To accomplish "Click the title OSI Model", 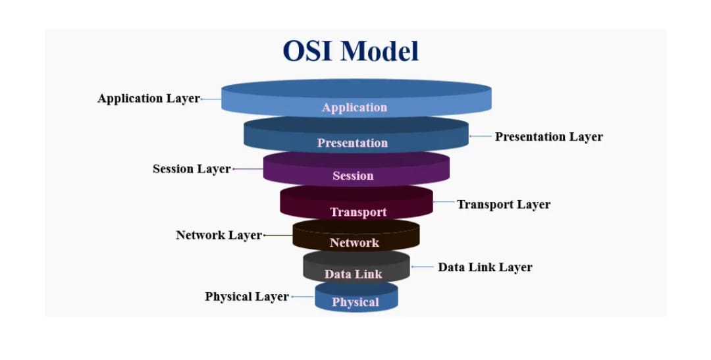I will (350, 51).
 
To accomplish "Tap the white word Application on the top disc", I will (354, 107).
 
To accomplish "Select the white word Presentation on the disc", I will (352, 143).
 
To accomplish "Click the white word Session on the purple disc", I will (353, 176).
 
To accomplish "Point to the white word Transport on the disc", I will (358, 212).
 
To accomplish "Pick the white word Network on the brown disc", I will (354, 243).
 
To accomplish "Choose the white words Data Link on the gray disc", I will (353, 274).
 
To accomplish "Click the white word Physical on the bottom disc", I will (355, 302).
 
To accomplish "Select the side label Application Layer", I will (148, 99).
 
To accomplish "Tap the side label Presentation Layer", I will (548, 137).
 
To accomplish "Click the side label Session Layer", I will (192, 169).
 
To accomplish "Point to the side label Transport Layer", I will (504, 204).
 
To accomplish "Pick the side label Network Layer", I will (219, 235).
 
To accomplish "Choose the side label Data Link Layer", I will (485, 267).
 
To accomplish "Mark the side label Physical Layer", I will (247, 297).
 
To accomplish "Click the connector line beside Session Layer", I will (248, 169).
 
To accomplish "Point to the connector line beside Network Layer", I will (277, 235).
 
